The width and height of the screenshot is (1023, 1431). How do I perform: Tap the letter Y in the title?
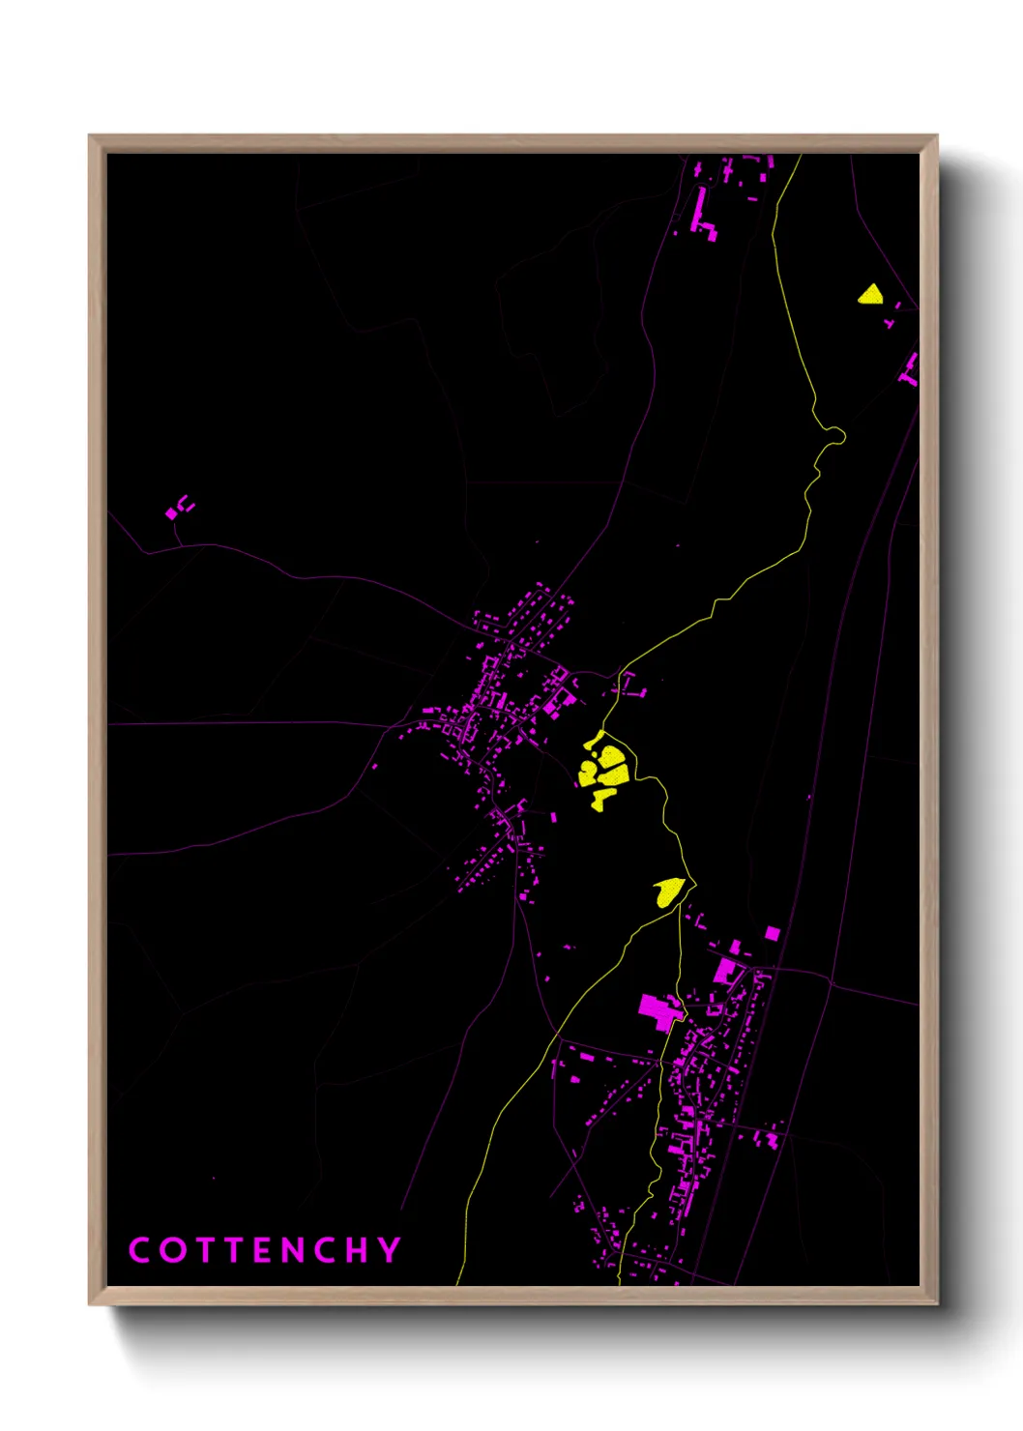pyautogui.click(x=390, y=1249)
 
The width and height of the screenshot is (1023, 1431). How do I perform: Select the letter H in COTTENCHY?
pyautogui.click(x=357, y=1249)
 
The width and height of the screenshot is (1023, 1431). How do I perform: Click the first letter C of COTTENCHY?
pyautogui.click(x=139, y=1249)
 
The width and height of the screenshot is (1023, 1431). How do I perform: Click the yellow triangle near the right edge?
pyautogui.click(x=870, y=295)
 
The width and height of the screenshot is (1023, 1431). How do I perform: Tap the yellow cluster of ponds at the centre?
pyautogui.click(x=604, y=767)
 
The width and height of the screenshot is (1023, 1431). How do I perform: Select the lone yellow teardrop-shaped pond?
pyautogui.click(x=669, y=891)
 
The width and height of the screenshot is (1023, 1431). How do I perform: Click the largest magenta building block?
pyautogui.click(x=658, y=1010)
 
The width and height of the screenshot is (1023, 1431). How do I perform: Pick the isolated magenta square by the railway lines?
pyautogui.click(x=772, y=933)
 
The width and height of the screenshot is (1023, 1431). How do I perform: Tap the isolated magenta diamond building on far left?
pyautogui.click(x=172, y=513)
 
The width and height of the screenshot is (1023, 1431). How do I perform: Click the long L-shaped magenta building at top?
pyautogui.click(x=702, y=215)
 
